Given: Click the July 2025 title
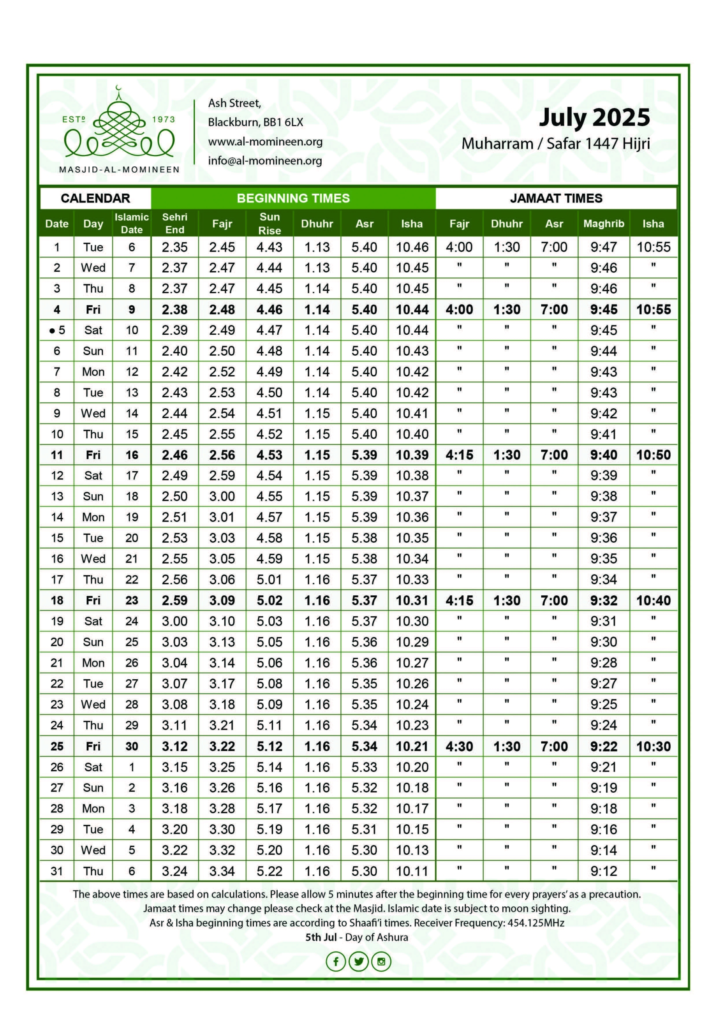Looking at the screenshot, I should point(594,118).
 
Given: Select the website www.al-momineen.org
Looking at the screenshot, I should point(265,142).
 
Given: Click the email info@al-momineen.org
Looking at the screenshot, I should point(265,161).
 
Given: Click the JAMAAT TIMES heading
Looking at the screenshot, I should point(556,198).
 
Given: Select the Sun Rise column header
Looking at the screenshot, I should point(269,223).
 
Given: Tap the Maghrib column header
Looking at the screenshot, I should point(603,223).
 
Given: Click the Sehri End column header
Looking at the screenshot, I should point(175,223).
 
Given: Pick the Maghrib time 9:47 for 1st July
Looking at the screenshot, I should point(603,247).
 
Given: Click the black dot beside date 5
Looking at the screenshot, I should point(52,331).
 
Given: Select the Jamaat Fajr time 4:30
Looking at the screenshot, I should point(459,746).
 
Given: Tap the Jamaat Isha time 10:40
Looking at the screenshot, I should point(653,600).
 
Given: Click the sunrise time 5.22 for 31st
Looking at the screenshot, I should point(269,871).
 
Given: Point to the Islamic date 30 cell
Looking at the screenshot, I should point(132,746).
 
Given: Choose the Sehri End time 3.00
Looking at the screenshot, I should point(175,621).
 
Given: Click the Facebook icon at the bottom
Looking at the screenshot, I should point(336,961).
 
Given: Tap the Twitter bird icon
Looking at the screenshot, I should point(358,961).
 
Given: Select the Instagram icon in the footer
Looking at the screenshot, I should point(381,961).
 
